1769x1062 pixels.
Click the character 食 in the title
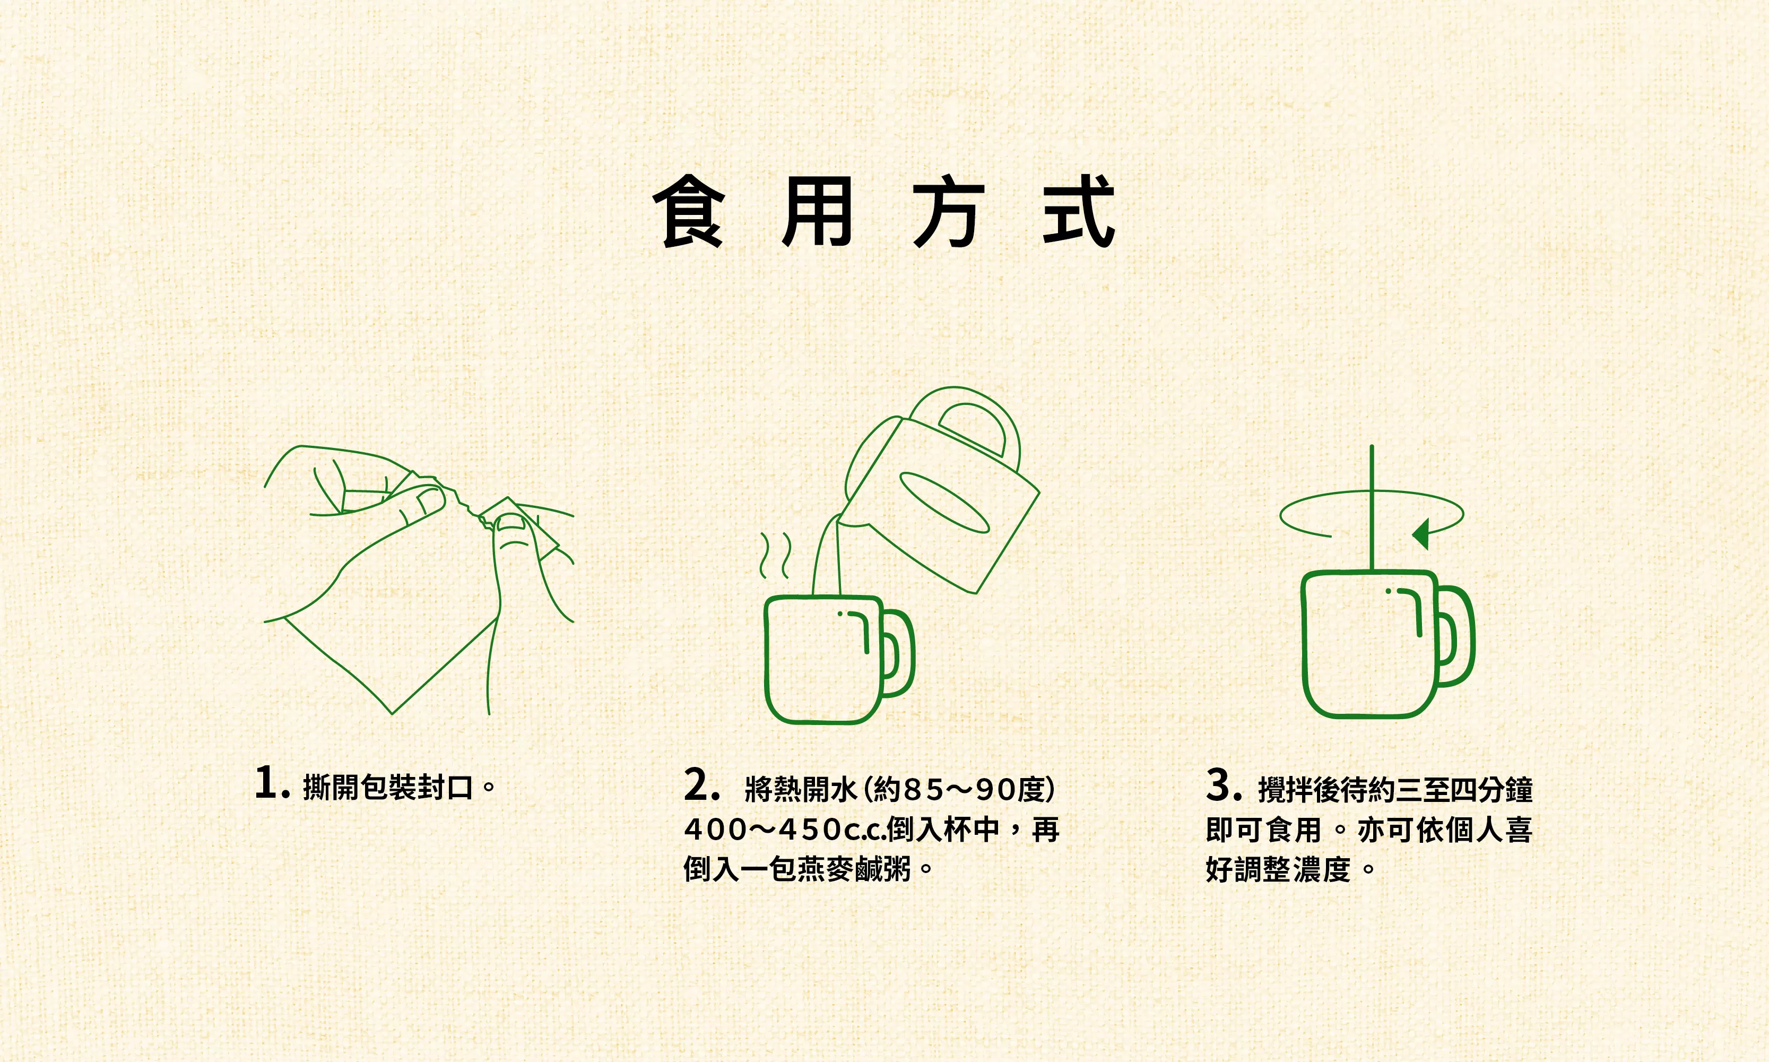click(x=689, y=212)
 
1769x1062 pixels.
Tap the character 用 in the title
click(x=817, y=212)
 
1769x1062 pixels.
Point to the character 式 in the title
click(x=1079, y=212)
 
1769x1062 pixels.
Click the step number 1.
click(x=267, y=782)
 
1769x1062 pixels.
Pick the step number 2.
click(x=697, y=785)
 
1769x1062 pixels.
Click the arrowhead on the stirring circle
click(x=1421, y=534)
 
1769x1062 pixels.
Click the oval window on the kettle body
click(x=944, y=503)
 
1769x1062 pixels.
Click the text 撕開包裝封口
click(x=388, y=787)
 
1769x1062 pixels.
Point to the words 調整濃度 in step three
click(x=1293, y=869)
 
